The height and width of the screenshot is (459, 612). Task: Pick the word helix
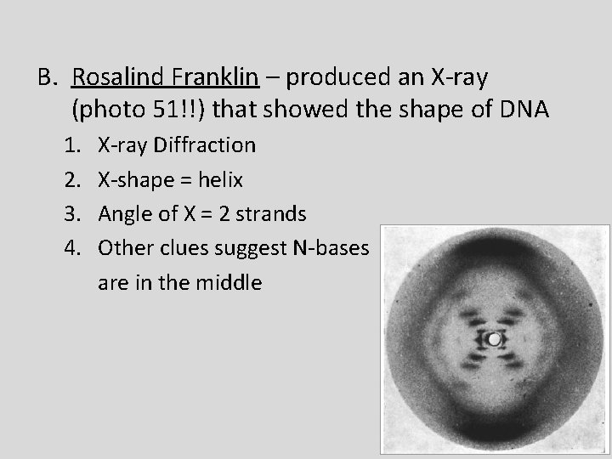point(221,179)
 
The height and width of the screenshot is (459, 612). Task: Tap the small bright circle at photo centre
point(494,339)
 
